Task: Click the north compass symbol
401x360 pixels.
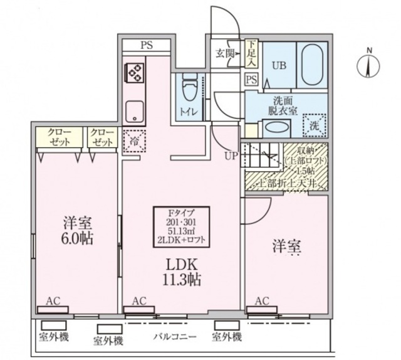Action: click(370, 65)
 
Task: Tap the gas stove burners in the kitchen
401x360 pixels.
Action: click(134, 73)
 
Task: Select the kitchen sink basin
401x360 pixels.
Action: click(133, 111)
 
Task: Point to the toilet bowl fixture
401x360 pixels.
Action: click(189, 86)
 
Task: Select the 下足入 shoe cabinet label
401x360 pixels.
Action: click(251, 53)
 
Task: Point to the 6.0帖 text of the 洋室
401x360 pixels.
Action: click(77, 239)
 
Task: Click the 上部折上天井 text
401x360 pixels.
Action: click(289, 183)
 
